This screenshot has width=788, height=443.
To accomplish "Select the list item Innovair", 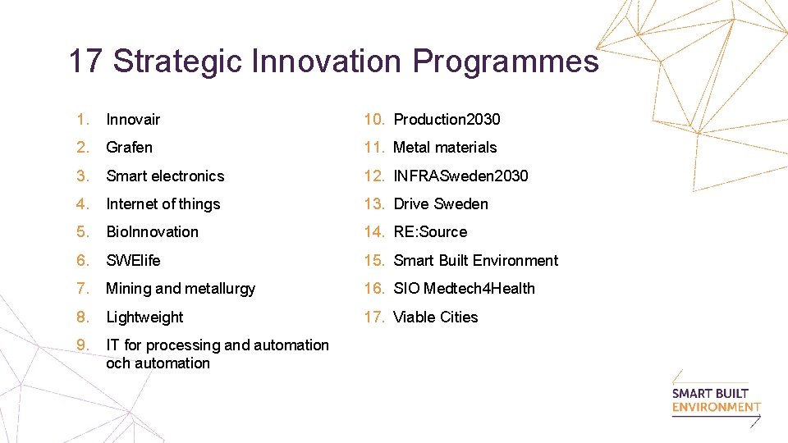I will [133, 120].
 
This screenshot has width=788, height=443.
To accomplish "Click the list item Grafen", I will [129, 148].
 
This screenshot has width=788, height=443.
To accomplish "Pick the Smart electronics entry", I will [165, 176].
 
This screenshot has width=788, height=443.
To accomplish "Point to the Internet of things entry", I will [163, 204].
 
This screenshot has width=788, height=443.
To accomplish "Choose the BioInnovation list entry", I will [152, 232].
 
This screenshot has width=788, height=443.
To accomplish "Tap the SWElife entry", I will [133, 261].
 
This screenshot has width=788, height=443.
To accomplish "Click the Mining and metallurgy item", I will [181, 289].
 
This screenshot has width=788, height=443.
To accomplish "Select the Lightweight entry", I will [144, 317].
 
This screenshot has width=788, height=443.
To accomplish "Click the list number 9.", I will [81, 345].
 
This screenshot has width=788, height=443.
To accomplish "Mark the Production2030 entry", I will [447, 120].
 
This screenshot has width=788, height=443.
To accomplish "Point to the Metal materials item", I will [445, 148].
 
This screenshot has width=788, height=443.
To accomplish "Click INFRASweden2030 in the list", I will [460, 176].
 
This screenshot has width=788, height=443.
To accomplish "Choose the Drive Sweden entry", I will [441, 204].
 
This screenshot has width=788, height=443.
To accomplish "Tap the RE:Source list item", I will [430, 232].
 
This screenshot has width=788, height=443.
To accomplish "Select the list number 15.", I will [374, 261].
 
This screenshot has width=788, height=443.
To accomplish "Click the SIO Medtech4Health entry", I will [464, 289].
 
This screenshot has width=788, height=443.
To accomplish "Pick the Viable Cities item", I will [435, 317].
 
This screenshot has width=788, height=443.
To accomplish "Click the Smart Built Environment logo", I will [716, 400].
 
